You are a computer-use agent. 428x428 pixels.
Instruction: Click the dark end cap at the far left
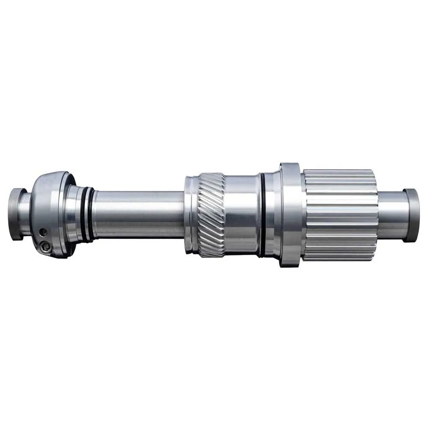[17, 214]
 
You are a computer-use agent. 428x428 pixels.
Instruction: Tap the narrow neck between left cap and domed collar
[28, 214]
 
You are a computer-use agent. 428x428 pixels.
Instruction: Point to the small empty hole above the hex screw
[42, 232]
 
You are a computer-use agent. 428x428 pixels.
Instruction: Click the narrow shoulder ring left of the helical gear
[191, 214]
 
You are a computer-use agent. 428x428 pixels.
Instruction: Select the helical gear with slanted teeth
[211, 214]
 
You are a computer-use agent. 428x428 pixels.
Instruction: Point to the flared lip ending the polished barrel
[258, 214]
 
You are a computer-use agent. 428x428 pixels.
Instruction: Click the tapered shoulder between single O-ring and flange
[272, 214]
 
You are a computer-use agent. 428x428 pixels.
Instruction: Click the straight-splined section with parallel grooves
[340, 214]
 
